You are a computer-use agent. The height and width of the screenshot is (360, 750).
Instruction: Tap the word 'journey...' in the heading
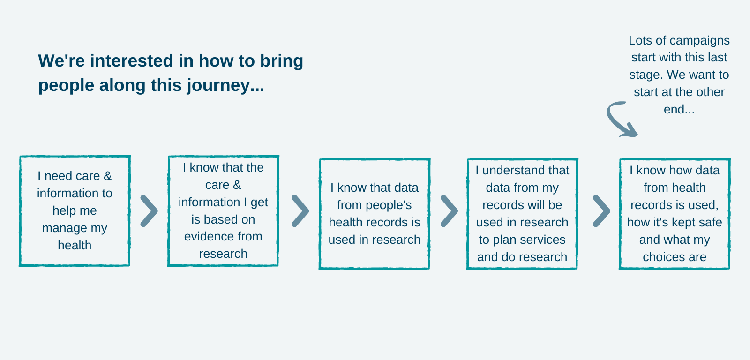(225, 86)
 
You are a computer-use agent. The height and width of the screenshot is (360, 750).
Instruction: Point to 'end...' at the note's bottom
(679, 109)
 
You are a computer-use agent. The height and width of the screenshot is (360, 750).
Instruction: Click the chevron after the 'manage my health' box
(150, 211)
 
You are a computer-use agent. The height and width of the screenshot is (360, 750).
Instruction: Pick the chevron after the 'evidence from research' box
(300, 211)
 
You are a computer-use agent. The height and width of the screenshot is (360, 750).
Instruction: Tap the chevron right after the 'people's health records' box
(450, 211)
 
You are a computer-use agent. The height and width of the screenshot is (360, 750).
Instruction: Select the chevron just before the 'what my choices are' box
(602, 211)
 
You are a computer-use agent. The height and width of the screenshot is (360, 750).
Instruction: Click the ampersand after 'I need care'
(107, 176)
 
